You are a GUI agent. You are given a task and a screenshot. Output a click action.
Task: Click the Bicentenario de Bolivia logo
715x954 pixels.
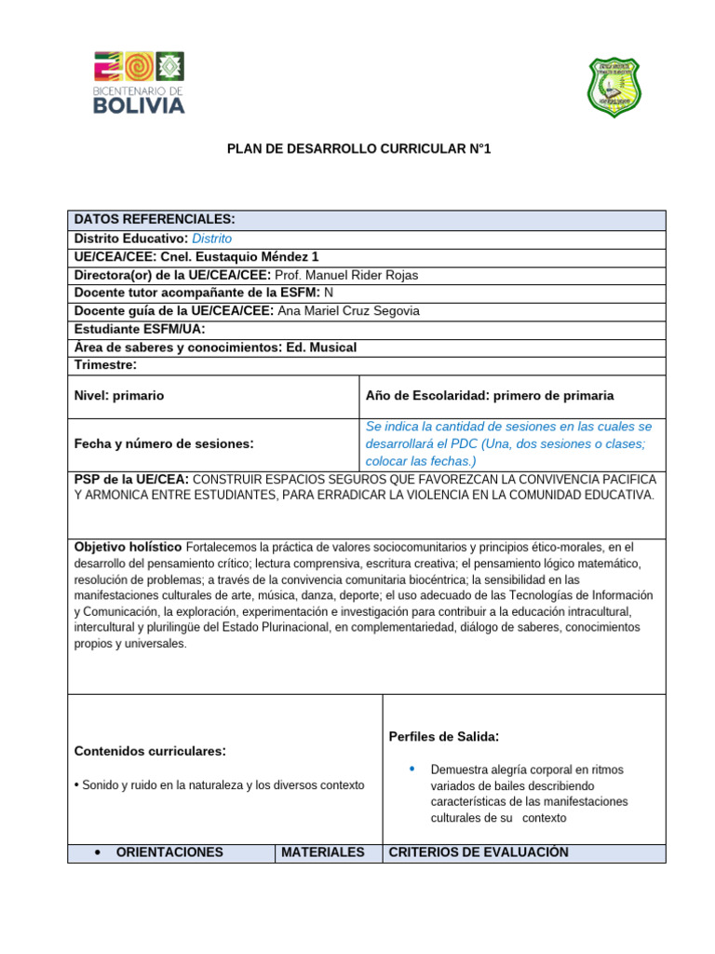139,83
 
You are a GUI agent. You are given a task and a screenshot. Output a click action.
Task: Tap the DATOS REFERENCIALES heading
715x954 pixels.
155,219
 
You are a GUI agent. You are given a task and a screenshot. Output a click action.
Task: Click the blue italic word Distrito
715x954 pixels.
211,238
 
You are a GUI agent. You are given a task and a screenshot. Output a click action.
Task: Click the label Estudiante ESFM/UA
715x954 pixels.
140,329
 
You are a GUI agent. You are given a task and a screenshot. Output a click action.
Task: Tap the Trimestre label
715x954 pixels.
106,365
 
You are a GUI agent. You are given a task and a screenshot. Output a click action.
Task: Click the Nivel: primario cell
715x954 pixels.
119,396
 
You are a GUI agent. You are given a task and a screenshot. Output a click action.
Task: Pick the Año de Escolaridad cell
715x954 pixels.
490,396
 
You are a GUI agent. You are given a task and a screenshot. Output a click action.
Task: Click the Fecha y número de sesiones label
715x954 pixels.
164,443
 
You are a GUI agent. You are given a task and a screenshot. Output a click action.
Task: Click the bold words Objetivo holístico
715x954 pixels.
128,546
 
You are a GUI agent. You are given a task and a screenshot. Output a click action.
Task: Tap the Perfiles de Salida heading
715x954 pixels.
443,737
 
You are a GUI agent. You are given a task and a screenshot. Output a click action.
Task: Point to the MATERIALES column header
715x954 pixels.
322,852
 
